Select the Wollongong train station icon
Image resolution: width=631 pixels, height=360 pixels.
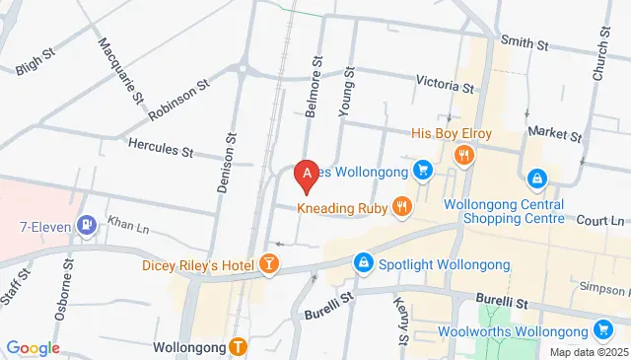point(238,346)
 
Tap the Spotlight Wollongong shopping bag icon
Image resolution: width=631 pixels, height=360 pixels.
point(364,263)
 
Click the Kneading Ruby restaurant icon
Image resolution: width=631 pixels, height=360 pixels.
point(401,207)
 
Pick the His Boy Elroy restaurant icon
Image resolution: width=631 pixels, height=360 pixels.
point(463,154)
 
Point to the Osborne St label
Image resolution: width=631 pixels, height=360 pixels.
point(71,285)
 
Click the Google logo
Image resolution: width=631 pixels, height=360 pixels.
point(34,347)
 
